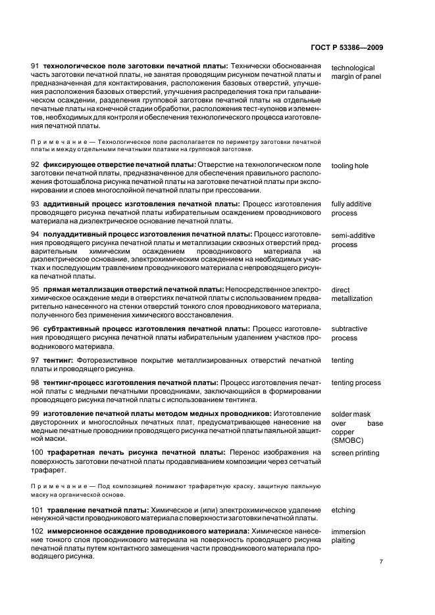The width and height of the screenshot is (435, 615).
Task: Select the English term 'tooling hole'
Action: [349, 166]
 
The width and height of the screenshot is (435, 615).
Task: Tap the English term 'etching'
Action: [343, 510]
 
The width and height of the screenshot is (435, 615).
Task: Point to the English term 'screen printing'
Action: [355, 453]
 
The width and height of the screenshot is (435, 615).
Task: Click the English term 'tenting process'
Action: [355, 382]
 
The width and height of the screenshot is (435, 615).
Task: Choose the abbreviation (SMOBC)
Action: [348, 442]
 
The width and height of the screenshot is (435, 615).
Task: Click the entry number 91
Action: [36, 67]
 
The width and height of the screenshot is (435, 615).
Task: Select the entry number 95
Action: [36, 290]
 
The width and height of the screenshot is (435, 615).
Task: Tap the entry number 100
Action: [38, 453]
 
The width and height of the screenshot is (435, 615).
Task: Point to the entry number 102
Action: [38, 531]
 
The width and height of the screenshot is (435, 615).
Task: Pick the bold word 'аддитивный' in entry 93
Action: [65, 204]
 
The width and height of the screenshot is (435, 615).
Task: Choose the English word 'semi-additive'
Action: [351, 235]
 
